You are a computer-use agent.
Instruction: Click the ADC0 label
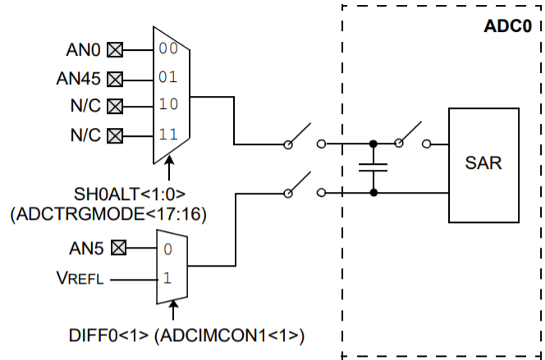[x=508, y=26]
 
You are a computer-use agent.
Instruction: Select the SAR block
[x=483, y=166]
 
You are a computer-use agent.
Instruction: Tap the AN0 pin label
[x=84, y=50]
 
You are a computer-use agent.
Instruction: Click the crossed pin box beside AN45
[x=115, y=80]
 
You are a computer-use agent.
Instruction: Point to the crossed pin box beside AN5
[x=118, y=248]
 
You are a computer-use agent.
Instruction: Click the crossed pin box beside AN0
[x=115, y=50]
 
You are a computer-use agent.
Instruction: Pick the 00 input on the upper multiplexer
[x=168, y=48]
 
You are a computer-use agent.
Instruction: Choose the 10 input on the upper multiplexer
[x=168, y=104]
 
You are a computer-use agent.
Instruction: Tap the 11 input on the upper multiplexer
[x=168, y=134]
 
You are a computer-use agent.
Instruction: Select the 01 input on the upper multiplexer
[x=168, y=77]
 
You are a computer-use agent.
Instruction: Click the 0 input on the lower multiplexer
[x=168, y=249]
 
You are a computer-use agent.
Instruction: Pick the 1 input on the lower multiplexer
[x=167, y=278]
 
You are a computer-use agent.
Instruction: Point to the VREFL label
[x=80, y=279]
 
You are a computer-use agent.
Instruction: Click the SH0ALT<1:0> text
[x=130, y=194]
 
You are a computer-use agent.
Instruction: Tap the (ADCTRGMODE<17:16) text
[x=108, y=214]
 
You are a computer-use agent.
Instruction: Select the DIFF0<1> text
[x=109, y=335]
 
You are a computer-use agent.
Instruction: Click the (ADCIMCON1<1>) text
[x=229, y=336]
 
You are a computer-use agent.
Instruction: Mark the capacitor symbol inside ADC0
[x=373, y=167]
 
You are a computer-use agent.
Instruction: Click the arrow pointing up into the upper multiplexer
[x=169, y=168]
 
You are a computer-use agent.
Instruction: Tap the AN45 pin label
[x=79, y=79]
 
